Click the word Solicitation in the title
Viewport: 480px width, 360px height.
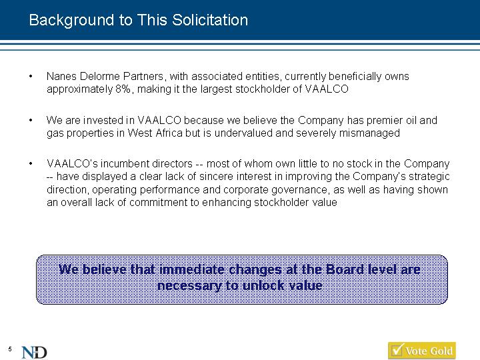point(210,20)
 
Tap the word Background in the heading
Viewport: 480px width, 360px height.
point(71,21)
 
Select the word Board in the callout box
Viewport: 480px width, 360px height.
point(345,269)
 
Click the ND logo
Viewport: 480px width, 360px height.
point(34,353)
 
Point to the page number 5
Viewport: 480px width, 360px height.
point(10,349)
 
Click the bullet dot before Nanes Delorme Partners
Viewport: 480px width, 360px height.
point(31,76)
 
